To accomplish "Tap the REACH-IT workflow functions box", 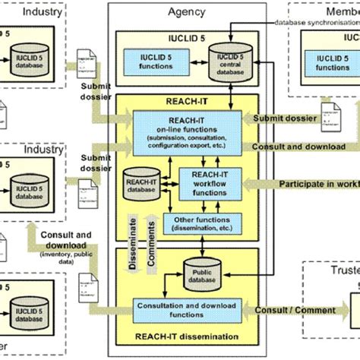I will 204,183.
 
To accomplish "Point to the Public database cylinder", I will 201,272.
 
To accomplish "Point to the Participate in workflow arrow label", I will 315,184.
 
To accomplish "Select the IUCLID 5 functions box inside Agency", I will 154,61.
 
